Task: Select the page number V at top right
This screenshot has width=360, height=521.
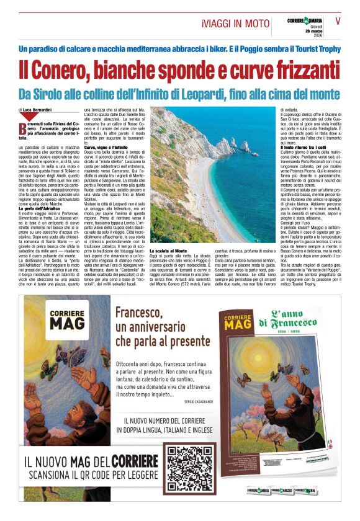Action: pos(338,20)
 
